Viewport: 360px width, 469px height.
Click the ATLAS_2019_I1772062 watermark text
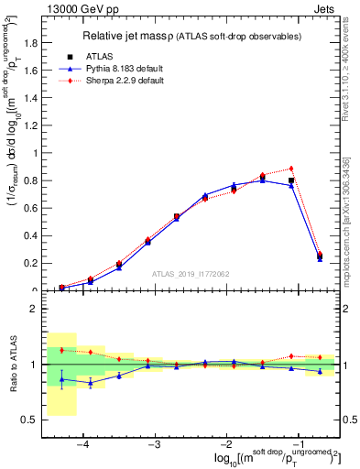[191, 273]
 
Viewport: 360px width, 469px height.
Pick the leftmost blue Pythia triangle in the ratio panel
[61, 379]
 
